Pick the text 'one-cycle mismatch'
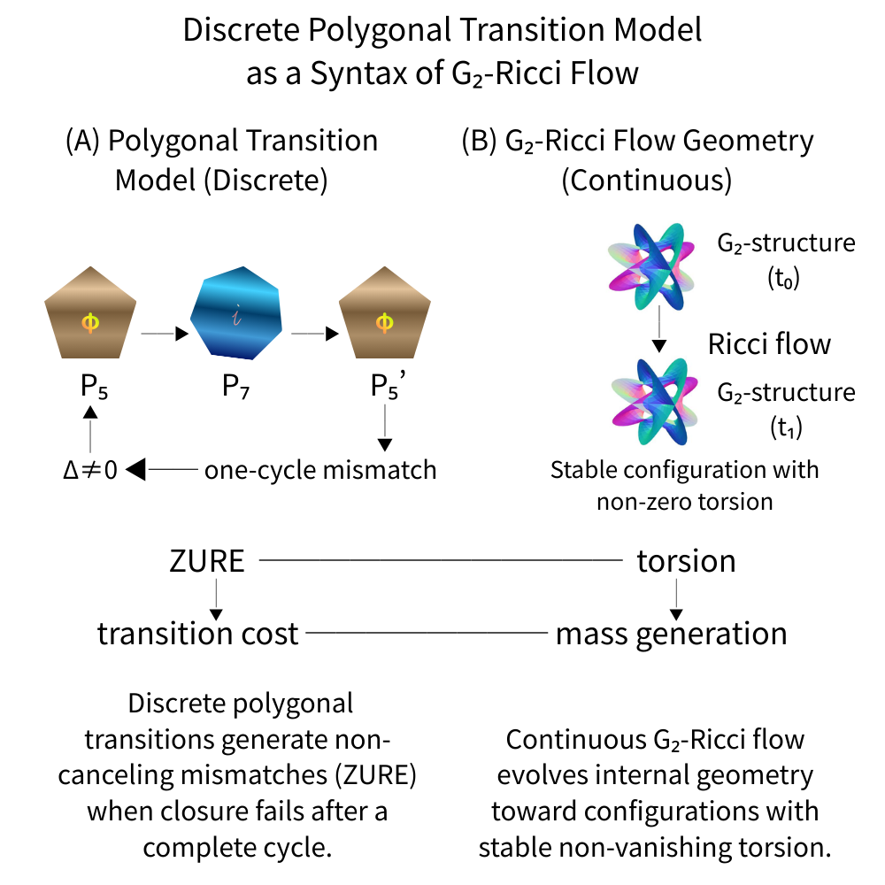click(320, 469)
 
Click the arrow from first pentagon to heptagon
click(165, 334)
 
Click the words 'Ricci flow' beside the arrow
click(769, 343)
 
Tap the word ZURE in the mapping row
click(206, 561)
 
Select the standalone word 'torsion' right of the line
click(686, 561)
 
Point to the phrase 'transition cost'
click(197, 634)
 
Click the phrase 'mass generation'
click(671, 634)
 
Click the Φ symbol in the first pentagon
click(90, 324)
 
